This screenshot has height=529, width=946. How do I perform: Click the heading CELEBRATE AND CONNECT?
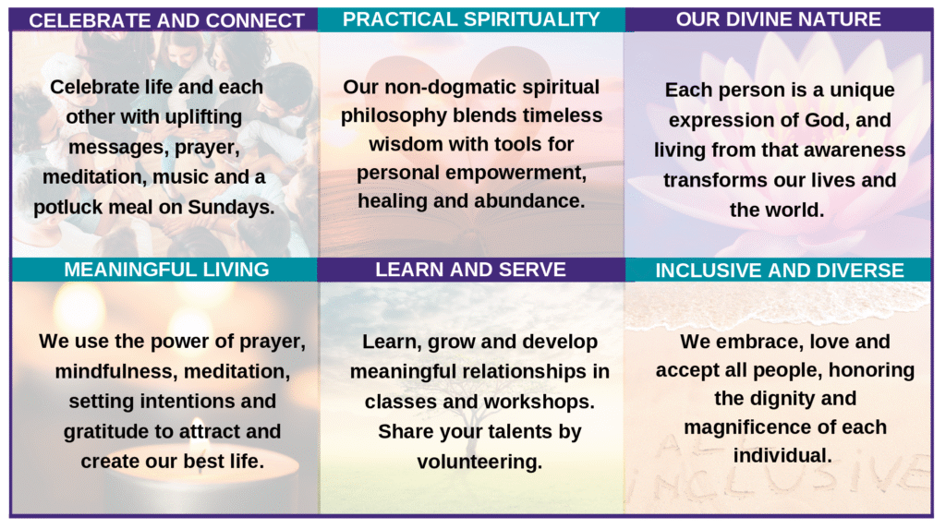coord(166,20)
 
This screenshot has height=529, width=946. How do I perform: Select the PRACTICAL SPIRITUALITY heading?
coord(471,19)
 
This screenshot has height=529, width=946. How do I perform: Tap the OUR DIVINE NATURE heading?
coord(778,19)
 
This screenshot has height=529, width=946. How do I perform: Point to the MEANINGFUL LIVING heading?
coord(166,269)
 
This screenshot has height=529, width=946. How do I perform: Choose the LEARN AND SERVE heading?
coord(470,269)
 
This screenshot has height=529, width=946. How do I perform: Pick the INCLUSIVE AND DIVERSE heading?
coord(780,271)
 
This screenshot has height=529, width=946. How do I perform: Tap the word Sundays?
coord(231,208)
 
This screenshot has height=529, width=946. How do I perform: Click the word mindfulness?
coord(116,371)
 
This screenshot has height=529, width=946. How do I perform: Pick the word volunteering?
coord(479,462)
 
